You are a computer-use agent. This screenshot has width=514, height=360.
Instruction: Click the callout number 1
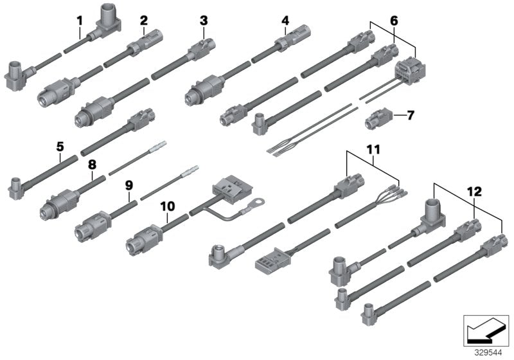(x=80, y=20)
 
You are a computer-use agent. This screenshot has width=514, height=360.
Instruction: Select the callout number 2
(x=145, y=20)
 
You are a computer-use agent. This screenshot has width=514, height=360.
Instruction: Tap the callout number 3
(x=204, y=21)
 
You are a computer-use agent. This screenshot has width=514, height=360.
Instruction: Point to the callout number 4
(x=285, y=21)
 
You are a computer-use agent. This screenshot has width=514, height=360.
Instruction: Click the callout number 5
(x=60, y=147)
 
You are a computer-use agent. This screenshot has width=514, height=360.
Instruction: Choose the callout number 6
(x=394, y=21)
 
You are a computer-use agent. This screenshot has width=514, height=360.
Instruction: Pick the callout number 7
(x=411, y=116)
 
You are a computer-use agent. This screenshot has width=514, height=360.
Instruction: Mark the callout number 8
(x=93, y=165)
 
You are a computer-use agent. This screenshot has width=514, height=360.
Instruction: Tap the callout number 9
(x=128, y=185)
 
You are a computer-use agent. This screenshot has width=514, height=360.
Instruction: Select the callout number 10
(x=168, y=206)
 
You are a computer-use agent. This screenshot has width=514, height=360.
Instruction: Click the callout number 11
(x=373, y=150)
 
